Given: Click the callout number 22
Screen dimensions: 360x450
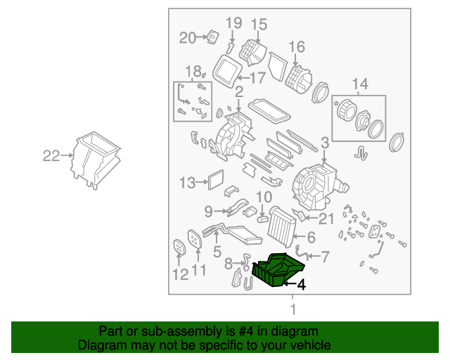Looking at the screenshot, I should click(x=51, y=156).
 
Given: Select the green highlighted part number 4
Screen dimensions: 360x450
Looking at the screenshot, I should click(x=278, y=269).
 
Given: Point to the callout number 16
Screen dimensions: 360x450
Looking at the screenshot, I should click(x=297, y=47).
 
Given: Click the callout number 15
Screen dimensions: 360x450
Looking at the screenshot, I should click(x=259, y=25).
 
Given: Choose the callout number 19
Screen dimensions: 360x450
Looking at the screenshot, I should click(x=233, y=23).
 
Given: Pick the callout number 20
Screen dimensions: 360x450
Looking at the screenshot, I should click(x=187, y=37).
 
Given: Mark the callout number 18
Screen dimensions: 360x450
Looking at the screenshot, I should click(x=192, y=71).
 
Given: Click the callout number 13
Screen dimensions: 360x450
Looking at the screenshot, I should click(x=186, y=183).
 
